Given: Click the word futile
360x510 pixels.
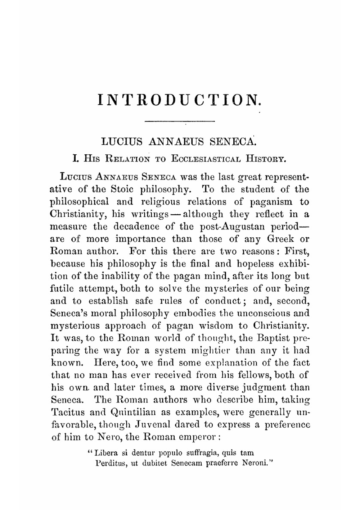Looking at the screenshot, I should tap(63, 288).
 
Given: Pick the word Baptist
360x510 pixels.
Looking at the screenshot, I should tap(272, 338).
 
